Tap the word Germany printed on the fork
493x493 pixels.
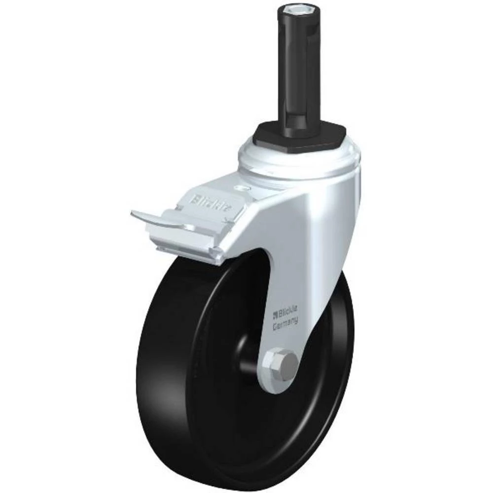(286, 322)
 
